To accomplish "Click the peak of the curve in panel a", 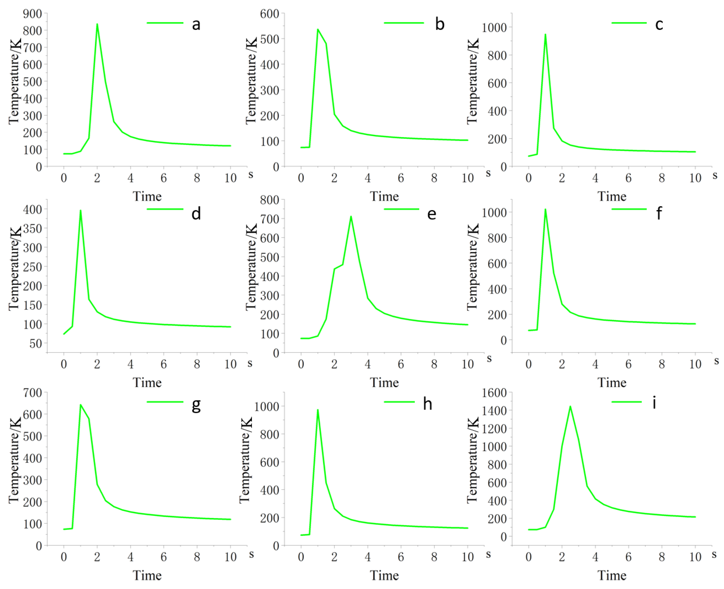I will [x=97, y=24].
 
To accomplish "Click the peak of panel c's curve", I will [x=545, y=34].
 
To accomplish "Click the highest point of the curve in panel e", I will [x=351, y=217].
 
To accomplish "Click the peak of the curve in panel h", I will [x=318, y=410].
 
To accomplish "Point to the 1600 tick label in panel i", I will [x=494, y=393].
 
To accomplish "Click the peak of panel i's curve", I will [x=570, y=406].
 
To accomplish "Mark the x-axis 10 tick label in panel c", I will [x=695, y=178].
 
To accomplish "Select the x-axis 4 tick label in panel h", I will [x=367, y=557].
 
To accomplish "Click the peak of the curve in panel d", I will [x=80, y=210].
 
